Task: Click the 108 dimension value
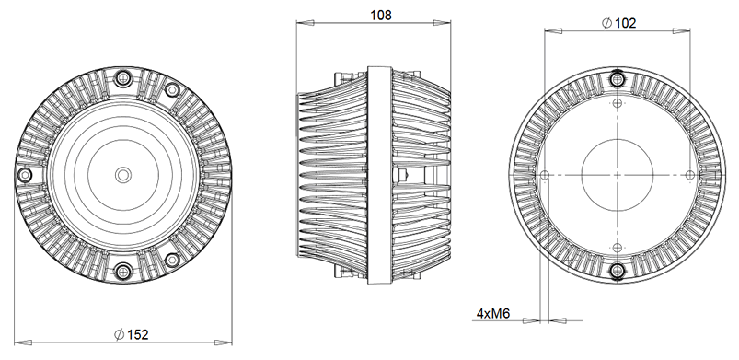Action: click(x=381, y=15)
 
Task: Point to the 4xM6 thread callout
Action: click(x=493, y=314)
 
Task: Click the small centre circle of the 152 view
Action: click(x=122, y=174)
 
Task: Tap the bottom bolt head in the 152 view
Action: click(x=122, y=271)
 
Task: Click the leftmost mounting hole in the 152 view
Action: click(x=26, y=174)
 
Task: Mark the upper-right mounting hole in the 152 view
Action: click(x=171, y=90)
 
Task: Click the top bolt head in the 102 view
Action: click(x=616, y=79)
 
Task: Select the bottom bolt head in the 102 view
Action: click(x=616, y=269)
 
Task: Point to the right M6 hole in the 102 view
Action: click(x=687, y=174)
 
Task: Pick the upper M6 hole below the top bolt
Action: click(x=616, y=103)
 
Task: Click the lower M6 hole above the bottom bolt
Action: click(x=616, y=245)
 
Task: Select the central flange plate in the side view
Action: click(x=380, y=174)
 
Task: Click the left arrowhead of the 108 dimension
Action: click(x=300, y=27)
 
